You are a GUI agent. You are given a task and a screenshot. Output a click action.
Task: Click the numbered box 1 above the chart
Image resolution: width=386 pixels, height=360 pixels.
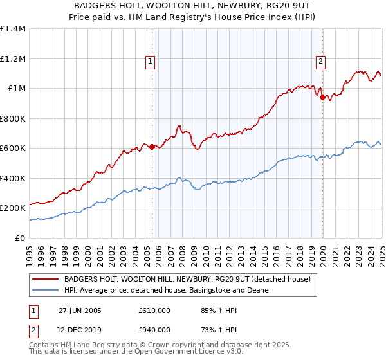[150, 62]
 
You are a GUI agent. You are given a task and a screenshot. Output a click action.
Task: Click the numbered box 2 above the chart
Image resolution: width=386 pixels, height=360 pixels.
[320, 62]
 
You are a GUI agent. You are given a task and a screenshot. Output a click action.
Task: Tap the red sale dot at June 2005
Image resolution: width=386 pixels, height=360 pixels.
[152, 147]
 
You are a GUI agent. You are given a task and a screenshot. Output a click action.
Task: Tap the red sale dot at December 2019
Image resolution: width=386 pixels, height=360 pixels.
[323, 98]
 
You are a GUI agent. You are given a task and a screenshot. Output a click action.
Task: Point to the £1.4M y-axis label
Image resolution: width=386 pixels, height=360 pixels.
[13, 29]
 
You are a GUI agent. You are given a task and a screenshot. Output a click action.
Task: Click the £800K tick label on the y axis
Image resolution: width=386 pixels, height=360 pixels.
[13, 118]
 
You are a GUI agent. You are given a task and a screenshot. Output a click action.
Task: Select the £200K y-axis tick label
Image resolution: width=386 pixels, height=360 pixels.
[13, 208]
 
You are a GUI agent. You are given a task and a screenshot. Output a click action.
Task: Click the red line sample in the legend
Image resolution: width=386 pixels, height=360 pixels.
[46, 279]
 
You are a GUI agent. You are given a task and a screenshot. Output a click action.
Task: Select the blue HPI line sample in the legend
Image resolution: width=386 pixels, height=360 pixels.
[46, 290]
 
